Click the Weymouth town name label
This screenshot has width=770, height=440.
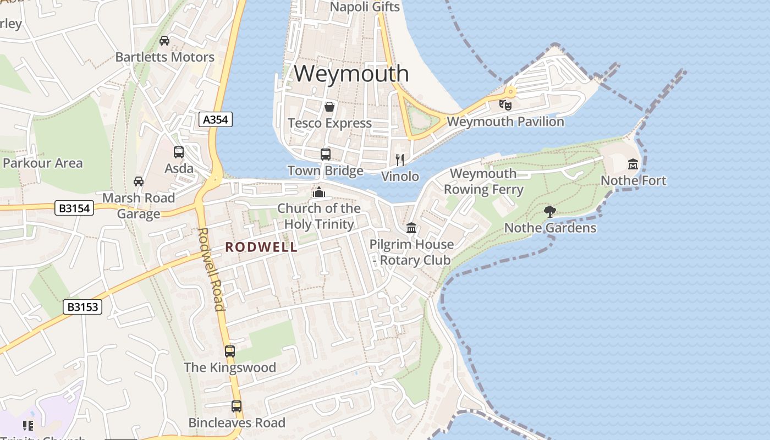pos(351,73)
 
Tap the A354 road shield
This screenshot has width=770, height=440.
pos(216,119)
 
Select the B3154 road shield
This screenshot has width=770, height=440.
pos(75,208)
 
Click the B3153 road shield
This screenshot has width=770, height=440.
pos(83,307)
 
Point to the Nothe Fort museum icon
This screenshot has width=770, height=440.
pos(633,164)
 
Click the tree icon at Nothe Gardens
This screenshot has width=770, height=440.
pos(549,212)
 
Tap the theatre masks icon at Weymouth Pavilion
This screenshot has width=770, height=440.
pos(505,105)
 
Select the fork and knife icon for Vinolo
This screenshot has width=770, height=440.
pos(400,160)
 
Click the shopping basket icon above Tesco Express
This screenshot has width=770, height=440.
pos(329,107)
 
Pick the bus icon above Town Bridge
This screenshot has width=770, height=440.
pos(326,155)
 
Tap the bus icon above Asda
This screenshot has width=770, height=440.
pos(179,152)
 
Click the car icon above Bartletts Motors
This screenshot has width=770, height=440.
pos(164,41)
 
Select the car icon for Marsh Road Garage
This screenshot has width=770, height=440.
pos(139,182)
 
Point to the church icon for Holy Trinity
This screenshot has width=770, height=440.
pos(318,192)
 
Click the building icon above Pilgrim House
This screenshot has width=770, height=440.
pos(411,228)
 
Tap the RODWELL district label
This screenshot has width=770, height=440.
pos(261,248)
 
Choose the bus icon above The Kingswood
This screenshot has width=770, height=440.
pos(229,351)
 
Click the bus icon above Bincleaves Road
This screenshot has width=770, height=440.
pos(237,406)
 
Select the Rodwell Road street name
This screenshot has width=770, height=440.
pos(211,269)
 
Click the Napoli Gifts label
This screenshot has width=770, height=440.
pos(365,7)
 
